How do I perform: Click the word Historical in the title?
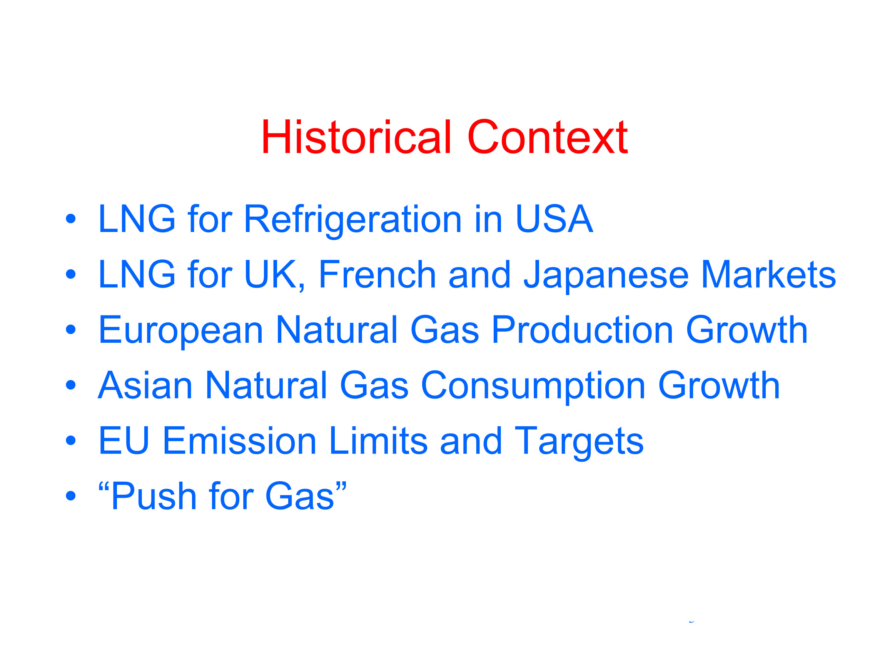click(x=356, y=137)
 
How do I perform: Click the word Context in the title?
click(x=547, y=137)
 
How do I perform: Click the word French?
click(x=377, y=274)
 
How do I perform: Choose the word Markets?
click(x=768, y=274)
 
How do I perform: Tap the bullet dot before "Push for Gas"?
click(x=70, y=496)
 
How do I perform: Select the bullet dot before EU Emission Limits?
click(x=70, y=440)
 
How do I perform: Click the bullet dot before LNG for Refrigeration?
click(x=70, y=219)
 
